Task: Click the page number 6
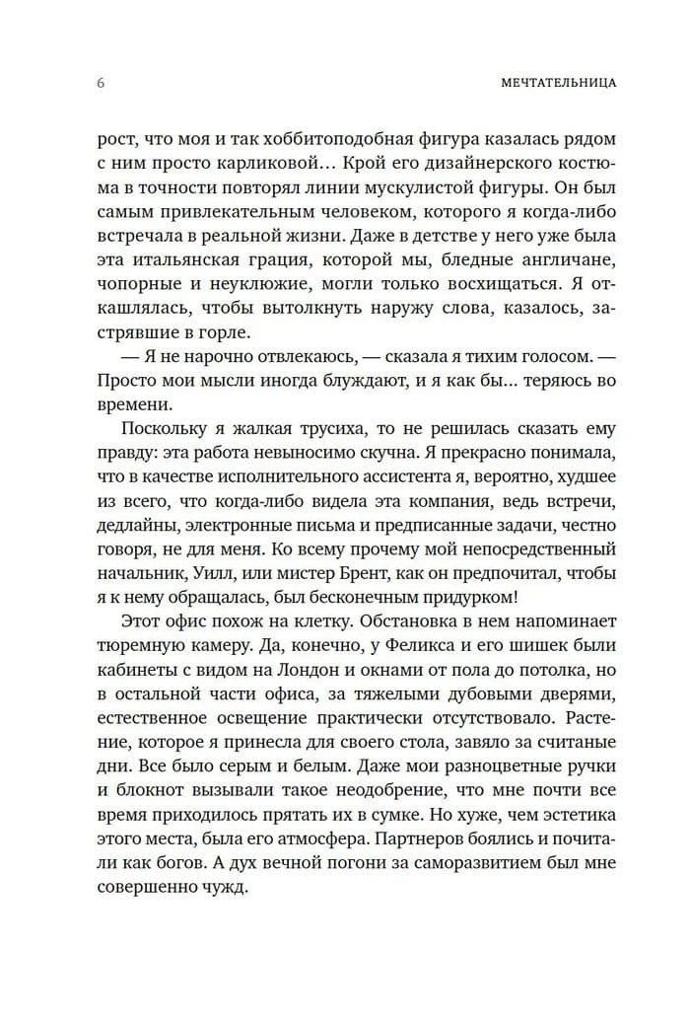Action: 101,83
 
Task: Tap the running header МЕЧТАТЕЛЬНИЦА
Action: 558,83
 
